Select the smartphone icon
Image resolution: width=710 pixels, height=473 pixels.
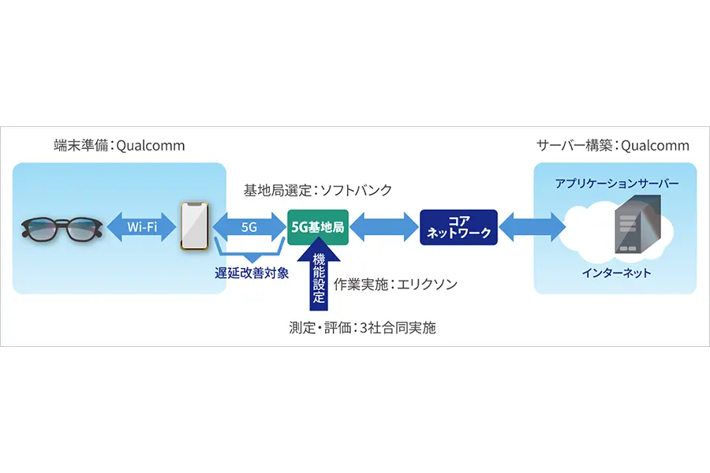[196, 227]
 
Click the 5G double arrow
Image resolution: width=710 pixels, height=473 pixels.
[249, 227]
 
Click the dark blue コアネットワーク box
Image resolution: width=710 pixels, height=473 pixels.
[458, 227]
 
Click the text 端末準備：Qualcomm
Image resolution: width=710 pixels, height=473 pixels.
[119, 146]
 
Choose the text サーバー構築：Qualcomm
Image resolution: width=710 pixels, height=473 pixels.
[613, 146]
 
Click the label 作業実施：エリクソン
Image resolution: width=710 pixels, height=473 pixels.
[395, 284]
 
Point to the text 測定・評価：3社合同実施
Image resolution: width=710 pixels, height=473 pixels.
[362, 328]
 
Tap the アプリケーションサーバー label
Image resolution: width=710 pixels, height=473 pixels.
[616, 183]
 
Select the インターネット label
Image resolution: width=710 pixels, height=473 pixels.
[616, 273]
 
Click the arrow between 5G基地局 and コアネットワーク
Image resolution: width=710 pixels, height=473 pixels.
[384, 227]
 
